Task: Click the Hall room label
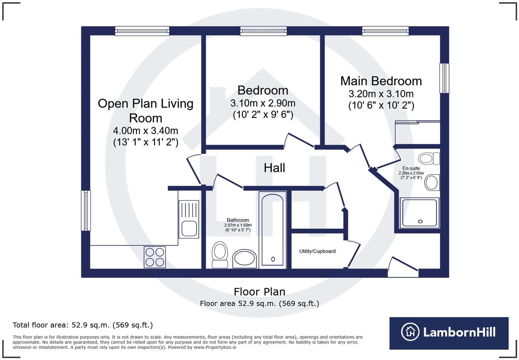pos(274,168)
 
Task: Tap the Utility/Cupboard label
pos(317,251)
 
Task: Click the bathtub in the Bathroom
pos(273,230)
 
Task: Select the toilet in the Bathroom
pos(220,255)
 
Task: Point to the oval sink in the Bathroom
pos(244,259)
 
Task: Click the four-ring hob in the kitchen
pos(155,257)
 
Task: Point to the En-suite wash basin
pos(432,182)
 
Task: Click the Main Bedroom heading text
pos(381,81)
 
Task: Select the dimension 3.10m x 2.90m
pos(263,103)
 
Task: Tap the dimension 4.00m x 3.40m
pos(146,131)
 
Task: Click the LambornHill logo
pos(449,333)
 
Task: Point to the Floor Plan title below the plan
pos(259,292)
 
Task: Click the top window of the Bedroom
pos(263,31)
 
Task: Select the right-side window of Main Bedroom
pos(444,78)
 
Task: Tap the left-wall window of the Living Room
pos(86,211)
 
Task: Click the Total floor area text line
pos(83,325)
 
